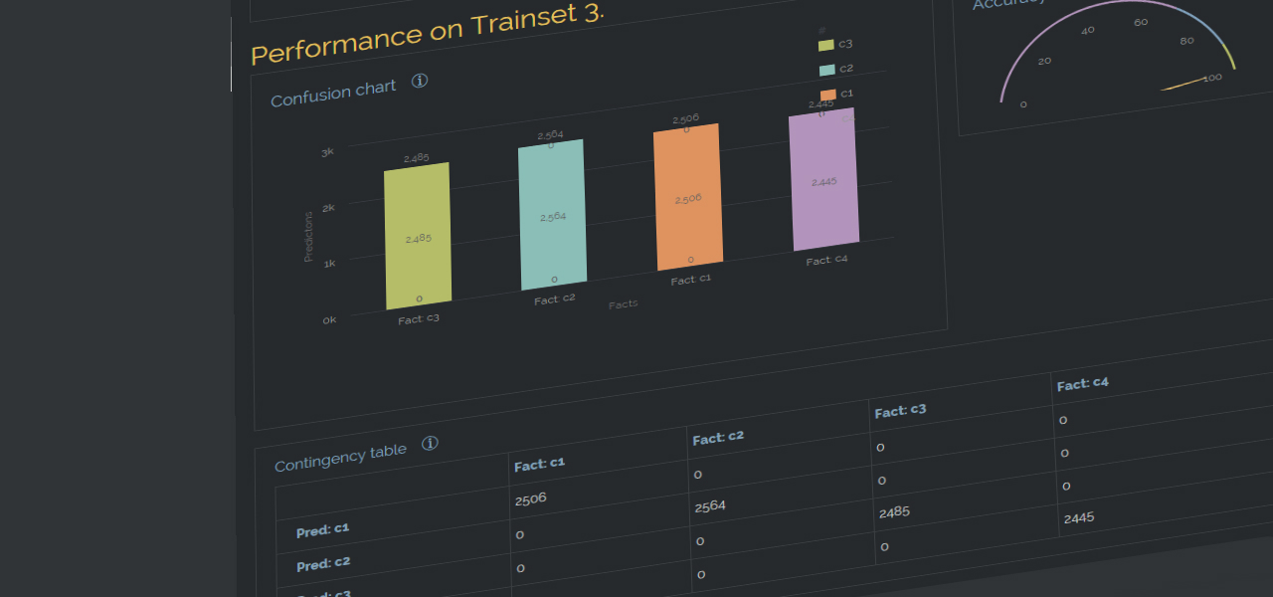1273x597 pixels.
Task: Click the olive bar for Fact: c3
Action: point(418,237)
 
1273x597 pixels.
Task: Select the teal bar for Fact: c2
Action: point(552,215)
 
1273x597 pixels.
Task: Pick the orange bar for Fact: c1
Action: point(686,197)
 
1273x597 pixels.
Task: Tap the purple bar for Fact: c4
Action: point(823,179)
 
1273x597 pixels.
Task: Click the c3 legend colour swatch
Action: point(825,45)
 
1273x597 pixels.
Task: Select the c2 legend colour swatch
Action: point(826,70)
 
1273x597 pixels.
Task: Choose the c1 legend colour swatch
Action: point(827,95)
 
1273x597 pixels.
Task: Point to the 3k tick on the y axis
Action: point(327,152)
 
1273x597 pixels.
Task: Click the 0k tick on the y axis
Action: point(328,320)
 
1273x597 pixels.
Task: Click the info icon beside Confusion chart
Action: point(420,81)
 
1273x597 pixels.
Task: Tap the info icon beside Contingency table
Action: point(430,443)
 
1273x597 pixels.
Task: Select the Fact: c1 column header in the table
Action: point(539,463)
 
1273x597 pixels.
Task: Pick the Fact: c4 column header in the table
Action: point(1082,384)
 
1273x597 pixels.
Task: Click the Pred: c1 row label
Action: point(322,529)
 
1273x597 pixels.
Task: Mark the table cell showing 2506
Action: point(531,498)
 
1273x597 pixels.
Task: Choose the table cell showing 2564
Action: point(709,506)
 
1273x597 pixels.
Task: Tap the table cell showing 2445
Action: point(1079,518)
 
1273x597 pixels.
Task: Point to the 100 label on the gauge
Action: point(1212,78)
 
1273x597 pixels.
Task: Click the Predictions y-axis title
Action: point(308,237)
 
